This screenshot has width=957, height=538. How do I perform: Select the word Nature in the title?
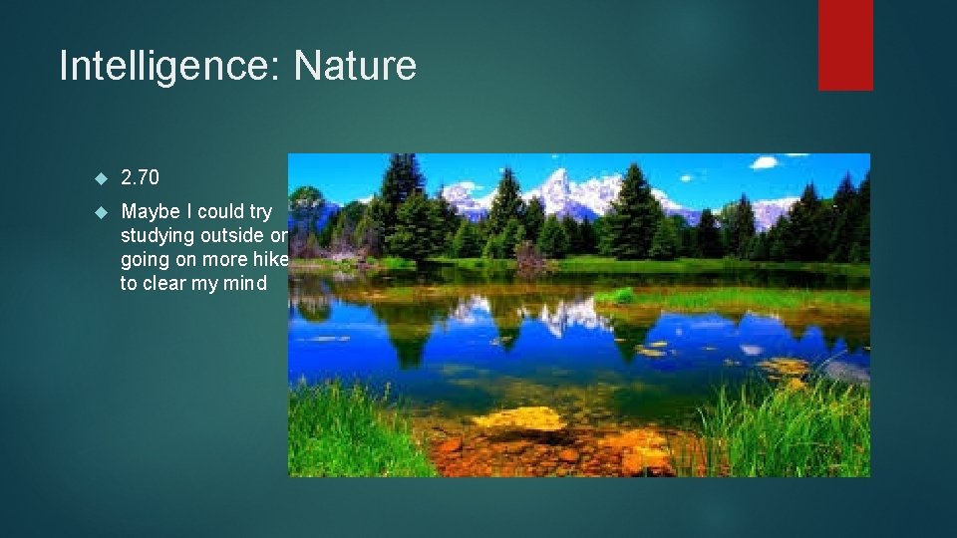click(x=355, y=67)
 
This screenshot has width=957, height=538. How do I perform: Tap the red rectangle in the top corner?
click(x=845, y=44)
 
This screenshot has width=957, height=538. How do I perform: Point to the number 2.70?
click(x=140, y=178)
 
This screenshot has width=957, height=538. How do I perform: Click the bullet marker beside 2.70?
click(x=100, y=178)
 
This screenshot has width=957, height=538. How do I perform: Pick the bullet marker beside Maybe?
click(x=100, y=212)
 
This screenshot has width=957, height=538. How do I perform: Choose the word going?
click(x=146, y=260)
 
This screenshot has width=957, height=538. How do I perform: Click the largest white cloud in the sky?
click(x=765, y=162)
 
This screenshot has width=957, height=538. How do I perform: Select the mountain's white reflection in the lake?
click(x=563, y=317)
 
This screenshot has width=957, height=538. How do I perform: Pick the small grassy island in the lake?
click(x=618, y=295)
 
